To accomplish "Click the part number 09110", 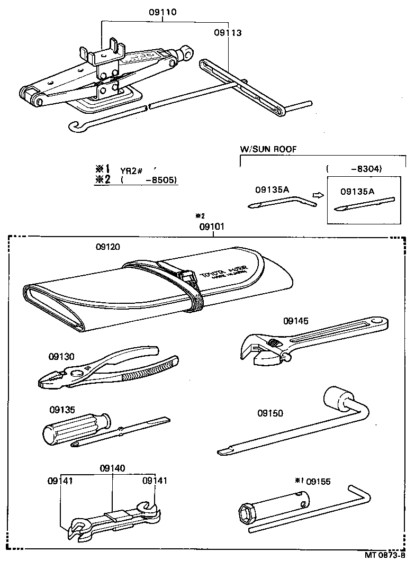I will [x=163, y=12].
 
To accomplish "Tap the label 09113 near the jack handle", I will [x=228, y=33].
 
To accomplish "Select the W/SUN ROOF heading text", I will [x=268, y=149].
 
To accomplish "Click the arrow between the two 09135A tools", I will [x=318, y=195].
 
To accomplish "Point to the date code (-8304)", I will [x=354, y=169].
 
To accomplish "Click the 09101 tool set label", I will [x=212, y=227].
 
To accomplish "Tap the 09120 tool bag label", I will [x=109, y=247].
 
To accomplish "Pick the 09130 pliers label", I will [x=62, y=357].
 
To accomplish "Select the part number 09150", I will [x=270, y=413].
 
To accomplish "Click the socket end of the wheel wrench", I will [x=333, y=399].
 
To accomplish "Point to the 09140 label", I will [x=113, y=468].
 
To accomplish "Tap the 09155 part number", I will [x=318, y=481].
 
